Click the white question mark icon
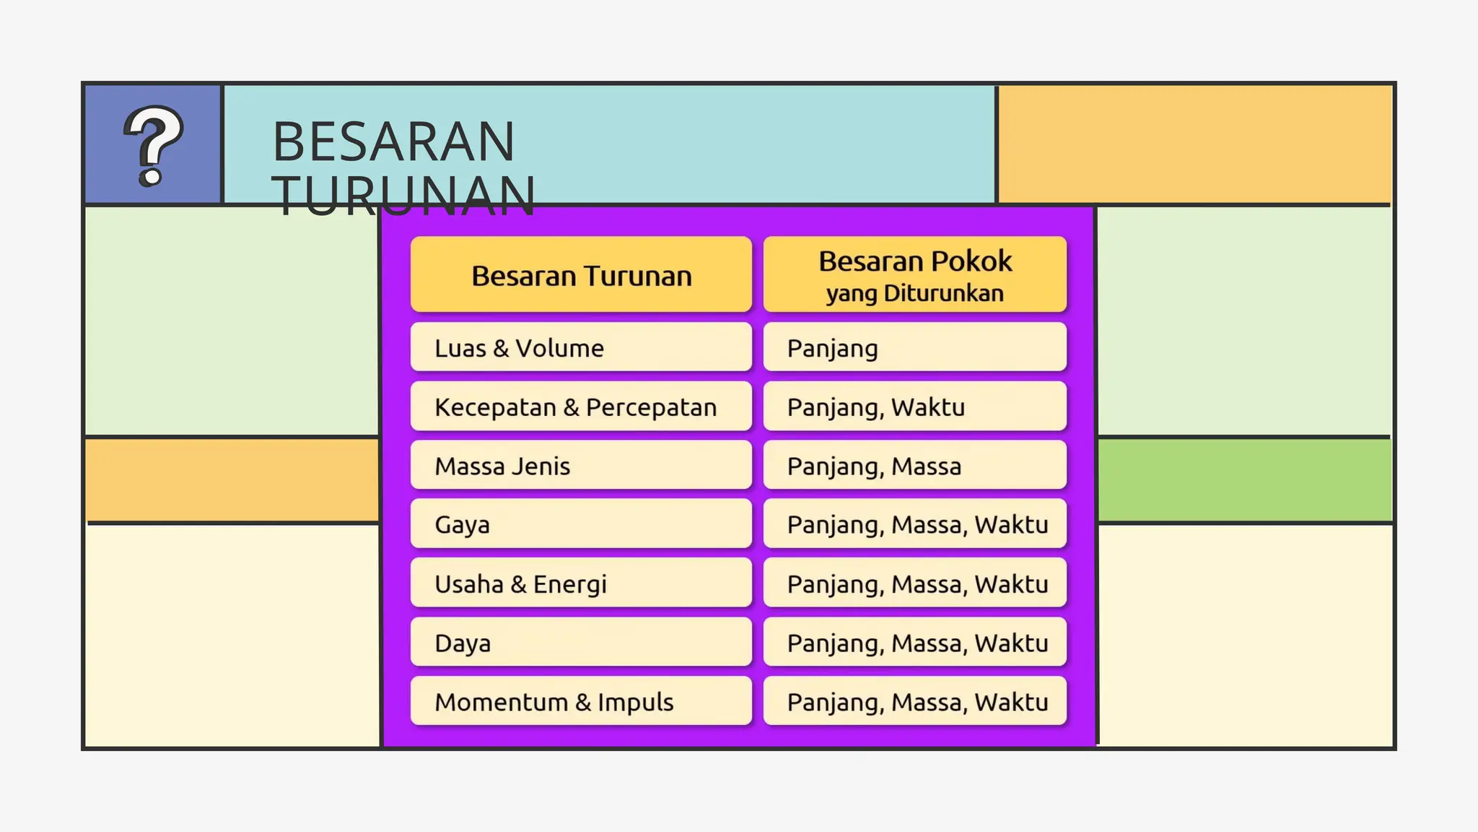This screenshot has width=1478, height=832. pyautogui.click(x=153, y=145)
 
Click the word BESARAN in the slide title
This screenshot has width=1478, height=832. pyautogui.click(x=393, y=142)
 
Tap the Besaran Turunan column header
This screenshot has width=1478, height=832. pyautogui.click(x=581, y=275)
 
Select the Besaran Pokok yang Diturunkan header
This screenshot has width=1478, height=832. pyautogui.click(x=914, y=275)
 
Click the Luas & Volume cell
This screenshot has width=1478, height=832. pyautogui.click(x=581, y=348)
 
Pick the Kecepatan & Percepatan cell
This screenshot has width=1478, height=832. pyautogui.click(x=581, y=407)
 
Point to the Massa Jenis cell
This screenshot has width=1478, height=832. pyautogui.click(x=581, y=466)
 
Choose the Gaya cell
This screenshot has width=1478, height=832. pyautogui.click(x=581, y=524)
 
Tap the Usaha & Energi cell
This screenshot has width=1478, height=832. pyautogui.click(x=581, y=584)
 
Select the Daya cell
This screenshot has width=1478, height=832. pyautogui.click(x=581, y=643)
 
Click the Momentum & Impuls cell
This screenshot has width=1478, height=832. pyautogui.click(x=581, y=702)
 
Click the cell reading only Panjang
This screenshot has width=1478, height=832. pyautogui.click(x=914, y=348)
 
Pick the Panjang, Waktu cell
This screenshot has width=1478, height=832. pyautogui.click(x=914, y=407)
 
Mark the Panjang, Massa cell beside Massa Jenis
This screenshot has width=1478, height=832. pyautogui.click(x=914, y=466)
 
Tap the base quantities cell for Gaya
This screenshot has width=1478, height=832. pyautogui.click(x=914, y=524)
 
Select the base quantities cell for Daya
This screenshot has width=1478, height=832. pyautogui.click(x=914, y=643)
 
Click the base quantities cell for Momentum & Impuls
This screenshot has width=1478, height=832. pyautogui.click(x=914, y=702)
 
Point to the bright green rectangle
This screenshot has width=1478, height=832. pyautogui.click(x=1244, y=480)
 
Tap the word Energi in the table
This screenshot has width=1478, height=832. pyautogui.click(x=569, y=584)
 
